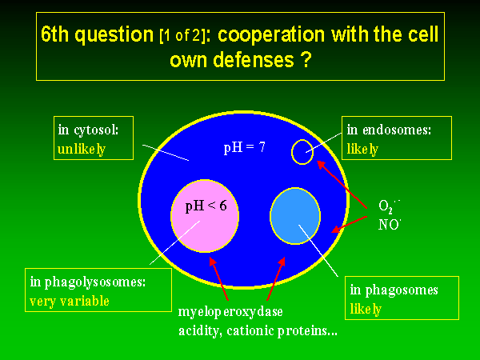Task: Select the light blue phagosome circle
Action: pyautogui.click(x=295, y=216)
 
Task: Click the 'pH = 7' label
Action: pyautogui.click(x=244, y=148)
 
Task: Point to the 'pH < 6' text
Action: pyautogui.click(x=206, y=206)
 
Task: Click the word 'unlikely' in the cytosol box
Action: pyautogui.click(x=82, y=150)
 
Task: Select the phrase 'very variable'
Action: pyautogui.click(x=70, y=302)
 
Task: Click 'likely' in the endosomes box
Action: pyautogui.click(x=362, y=150)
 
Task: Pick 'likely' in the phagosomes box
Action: pyautogui.click(x=366, y=309)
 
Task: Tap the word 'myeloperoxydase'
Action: pyautogui.click(x=230, y=312)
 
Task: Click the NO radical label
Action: pyautogui.click(x=390, y=225)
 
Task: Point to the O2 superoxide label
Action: pyautogui.click(x=389, y=206)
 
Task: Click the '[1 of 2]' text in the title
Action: pyautogui.click(x=182, y=36)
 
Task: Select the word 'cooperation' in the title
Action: pyautogui.click(x=271, y=34)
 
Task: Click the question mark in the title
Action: pyautogui.click(x=306, y=60)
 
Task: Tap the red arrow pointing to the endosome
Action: pyautogui.click(x=342, y=185)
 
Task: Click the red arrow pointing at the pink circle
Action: pyautogui.click(x=219, y=278)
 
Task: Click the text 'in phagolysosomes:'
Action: pyautogui.click(x=87, y=282)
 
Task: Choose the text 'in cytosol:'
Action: pyautogui.click(x=88, y=130)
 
